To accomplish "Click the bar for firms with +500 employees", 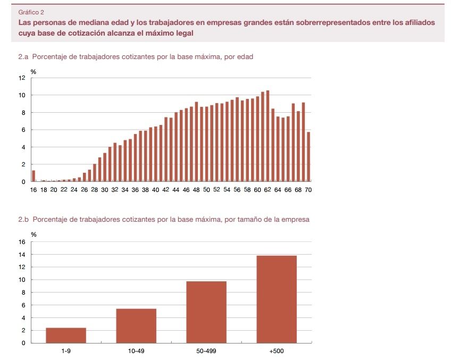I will pos(277,299).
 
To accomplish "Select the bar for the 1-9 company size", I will pos(66,335).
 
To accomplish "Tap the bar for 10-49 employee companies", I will pos(136,325).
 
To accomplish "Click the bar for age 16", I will pos(34,176).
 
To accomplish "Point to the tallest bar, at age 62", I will pos(268,136).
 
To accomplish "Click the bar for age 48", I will pos(196,142).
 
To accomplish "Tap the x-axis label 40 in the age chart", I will pos(155,190).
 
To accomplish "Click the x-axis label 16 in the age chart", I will pos(34,190).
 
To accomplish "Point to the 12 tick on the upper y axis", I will pos(22,78).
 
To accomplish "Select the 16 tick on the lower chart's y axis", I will pos(22,242).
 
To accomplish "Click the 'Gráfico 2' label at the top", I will pos(31,12).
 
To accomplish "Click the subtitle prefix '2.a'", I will pos(23,56).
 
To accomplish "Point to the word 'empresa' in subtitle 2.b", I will pos(295,219).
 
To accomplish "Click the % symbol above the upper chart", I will pos(33,71).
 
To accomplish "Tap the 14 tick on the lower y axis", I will pos(22,255).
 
